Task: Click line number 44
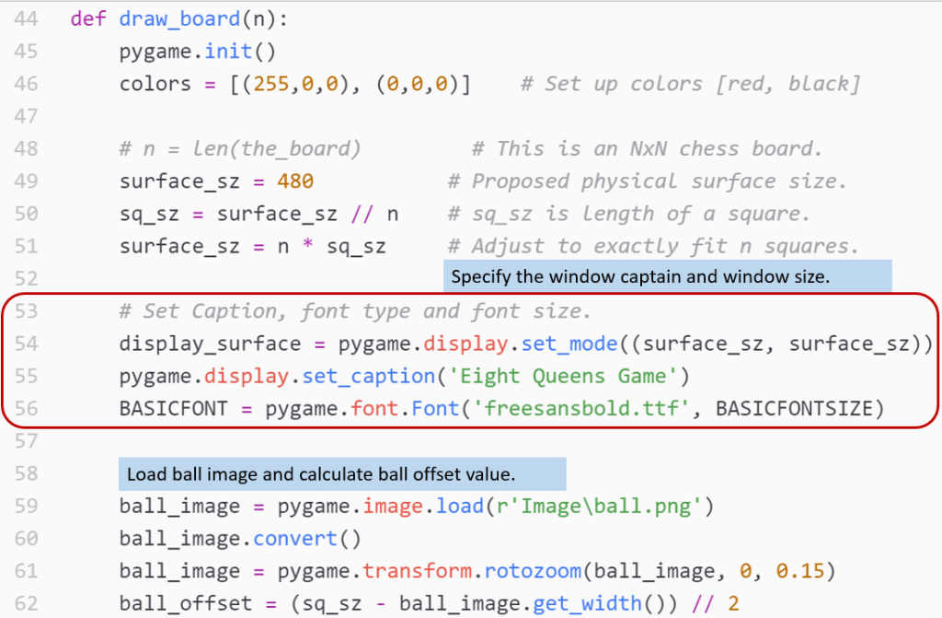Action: coord(27,17)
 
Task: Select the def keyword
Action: coord(87,17)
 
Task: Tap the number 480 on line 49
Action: coord(294,181)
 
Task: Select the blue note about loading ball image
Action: coord(342,473)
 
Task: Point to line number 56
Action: coord(27,409)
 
